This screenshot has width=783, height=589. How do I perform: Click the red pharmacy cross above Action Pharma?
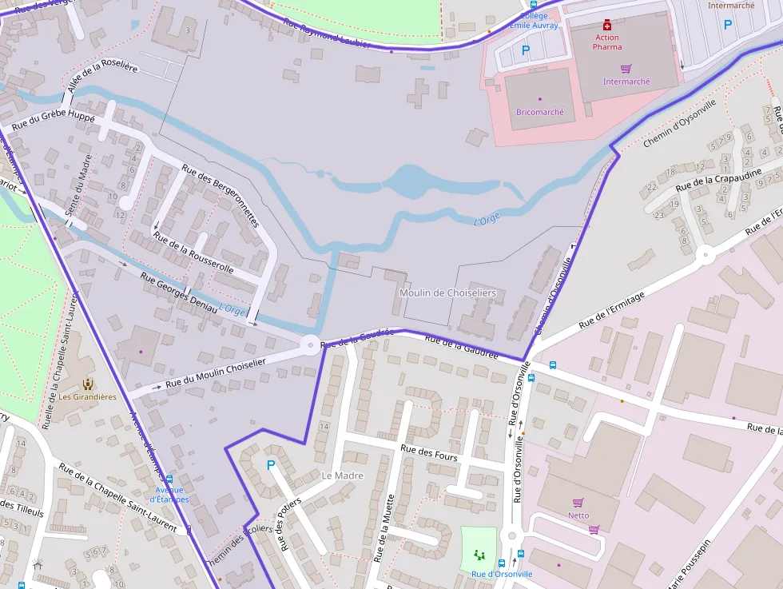coord(607,25)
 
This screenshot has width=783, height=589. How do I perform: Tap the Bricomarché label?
coord(539,112)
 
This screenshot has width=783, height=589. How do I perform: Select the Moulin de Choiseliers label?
coord(447,293)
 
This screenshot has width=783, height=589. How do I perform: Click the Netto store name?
coord(578,515)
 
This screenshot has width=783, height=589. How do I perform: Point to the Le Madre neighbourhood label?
coord(342,476)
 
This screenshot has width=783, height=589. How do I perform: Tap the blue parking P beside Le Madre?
coord(270,464)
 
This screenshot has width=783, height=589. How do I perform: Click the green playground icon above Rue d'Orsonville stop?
coord(479,554)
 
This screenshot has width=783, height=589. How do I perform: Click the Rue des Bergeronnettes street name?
coord(221,196)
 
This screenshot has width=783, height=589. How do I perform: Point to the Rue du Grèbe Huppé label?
coord(53,122)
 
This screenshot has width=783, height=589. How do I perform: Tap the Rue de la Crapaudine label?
coord(716,178)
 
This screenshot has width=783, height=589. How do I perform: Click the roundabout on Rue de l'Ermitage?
coord(705,255)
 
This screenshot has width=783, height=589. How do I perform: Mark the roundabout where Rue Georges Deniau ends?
coord(309,345)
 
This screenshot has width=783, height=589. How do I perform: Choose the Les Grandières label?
coord(87,396)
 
